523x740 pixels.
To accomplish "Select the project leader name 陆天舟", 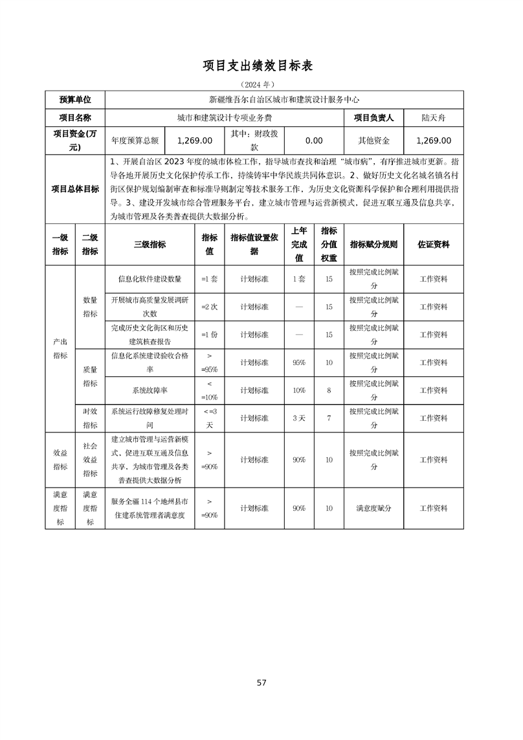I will tap(433, 118).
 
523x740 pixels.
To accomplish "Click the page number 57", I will tap(261, 682).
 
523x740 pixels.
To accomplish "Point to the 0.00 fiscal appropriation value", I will tap(314, 140).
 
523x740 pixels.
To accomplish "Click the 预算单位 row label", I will tap(75, 100).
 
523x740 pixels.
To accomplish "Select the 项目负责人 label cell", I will tap(373, 118).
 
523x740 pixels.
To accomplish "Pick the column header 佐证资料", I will tap(433, 245).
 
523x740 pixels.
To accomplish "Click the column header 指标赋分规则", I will tap(373, 245).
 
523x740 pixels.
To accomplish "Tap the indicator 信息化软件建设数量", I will tap(150, 279).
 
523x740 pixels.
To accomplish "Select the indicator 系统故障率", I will tap(150, 390).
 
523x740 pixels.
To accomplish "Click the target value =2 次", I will tap(210, 307).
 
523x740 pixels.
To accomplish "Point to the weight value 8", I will tap(329, 390).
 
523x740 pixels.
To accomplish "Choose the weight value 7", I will tap(329, 418).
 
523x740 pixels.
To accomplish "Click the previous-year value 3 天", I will tap(299, 418).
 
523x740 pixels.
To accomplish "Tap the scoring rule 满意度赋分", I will tap(373, 508).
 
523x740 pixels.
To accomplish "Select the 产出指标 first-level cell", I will tap(60, 348).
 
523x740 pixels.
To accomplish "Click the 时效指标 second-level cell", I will tap(90, 418).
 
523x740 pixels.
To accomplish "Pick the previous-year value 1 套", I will tap(299, 279).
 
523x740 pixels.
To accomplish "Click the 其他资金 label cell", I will tap(373, 140).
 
